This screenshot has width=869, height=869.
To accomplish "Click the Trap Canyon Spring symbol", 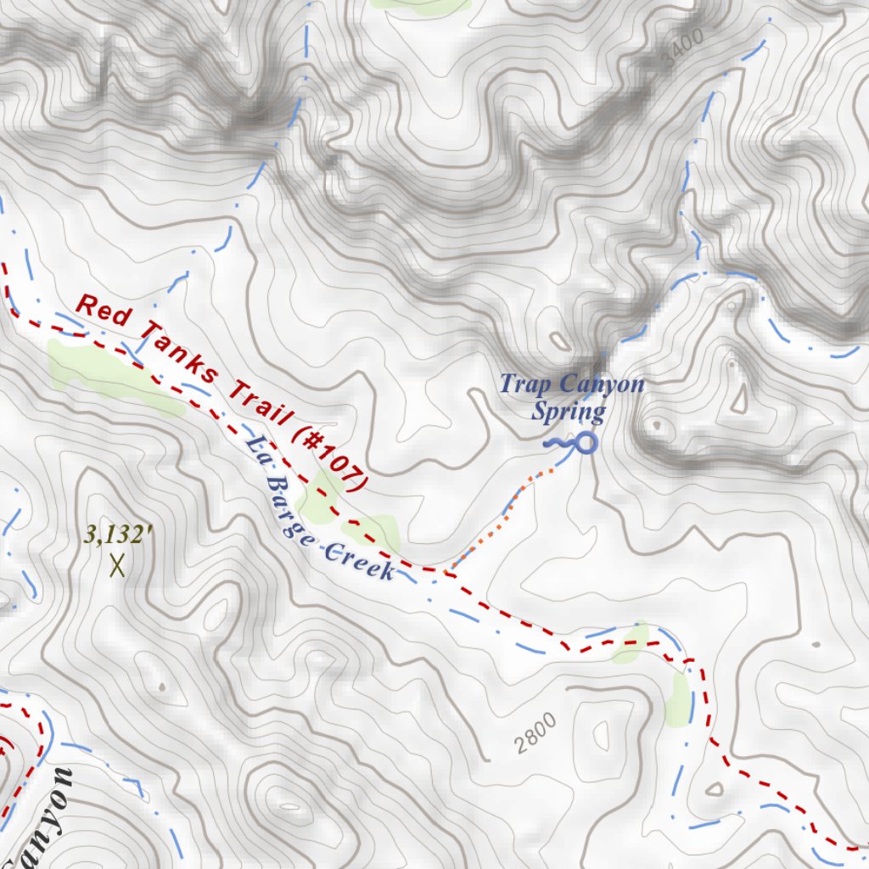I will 584,442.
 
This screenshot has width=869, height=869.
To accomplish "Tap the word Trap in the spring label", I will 518,384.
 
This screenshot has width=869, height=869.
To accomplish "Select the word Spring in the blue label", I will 569,412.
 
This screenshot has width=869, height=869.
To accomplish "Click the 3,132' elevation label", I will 119,535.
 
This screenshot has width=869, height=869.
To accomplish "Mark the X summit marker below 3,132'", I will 117,564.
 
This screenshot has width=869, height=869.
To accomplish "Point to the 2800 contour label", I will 536,734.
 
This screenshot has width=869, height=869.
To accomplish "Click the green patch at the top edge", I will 420,4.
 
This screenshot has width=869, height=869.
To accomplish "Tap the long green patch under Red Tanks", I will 110,378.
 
